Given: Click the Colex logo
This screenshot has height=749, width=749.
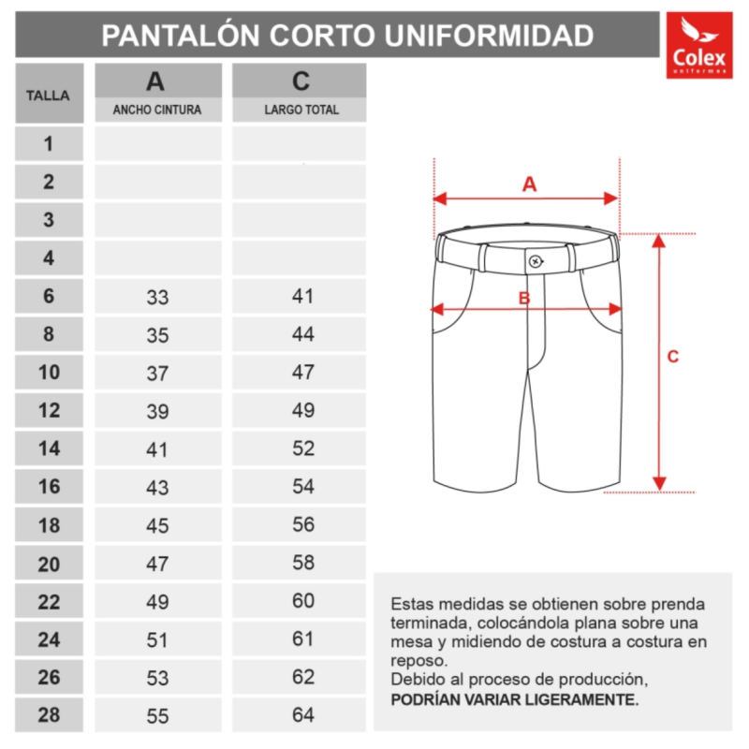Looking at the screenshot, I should [x=698, y=45].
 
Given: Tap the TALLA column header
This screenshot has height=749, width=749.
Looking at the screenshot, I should [x=49, y=95].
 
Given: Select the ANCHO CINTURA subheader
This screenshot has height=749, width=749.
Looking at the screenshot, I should [x=157, y=110].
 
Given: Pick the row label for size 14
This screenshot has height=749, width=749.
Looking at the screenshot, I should [x=49, y=448].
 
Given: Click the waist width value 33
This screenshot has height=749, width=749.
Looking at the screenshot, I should [x=157, y=298].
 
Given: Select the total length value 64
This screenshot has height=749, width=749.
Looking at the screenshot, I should [x=302, y=715].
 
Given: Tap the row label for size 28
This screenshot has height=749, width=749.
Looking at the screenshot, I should [x=49, y=715].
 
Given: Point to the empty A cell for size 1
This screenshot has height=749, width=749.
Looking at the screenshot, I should [x=157, y=144].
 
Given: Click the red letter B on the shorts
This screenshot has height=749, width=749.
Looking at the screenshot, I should [x=524, y=299].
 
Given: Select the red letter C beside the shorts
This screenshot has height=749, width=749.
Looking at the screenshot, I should [x=672, y=357].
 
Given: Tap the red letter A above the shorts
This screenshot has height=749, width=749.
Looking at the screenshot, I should [x=529, y=184].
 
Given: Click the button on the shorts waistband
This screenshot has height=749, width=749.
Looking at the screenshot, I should [x=535, y=260].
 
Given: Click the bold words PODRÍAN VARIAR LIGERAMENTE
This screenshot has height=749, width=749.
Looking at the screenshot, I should [x=515, y=698].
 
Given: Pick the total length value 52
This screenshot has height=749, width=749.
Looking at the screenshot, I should [x=302, y=448].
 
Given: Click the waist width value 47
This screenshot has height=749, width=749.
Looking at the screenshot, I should [x=157, y=564].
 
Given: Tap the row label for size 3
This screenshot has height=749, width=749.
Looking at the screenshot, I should [x=49, y=220].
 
